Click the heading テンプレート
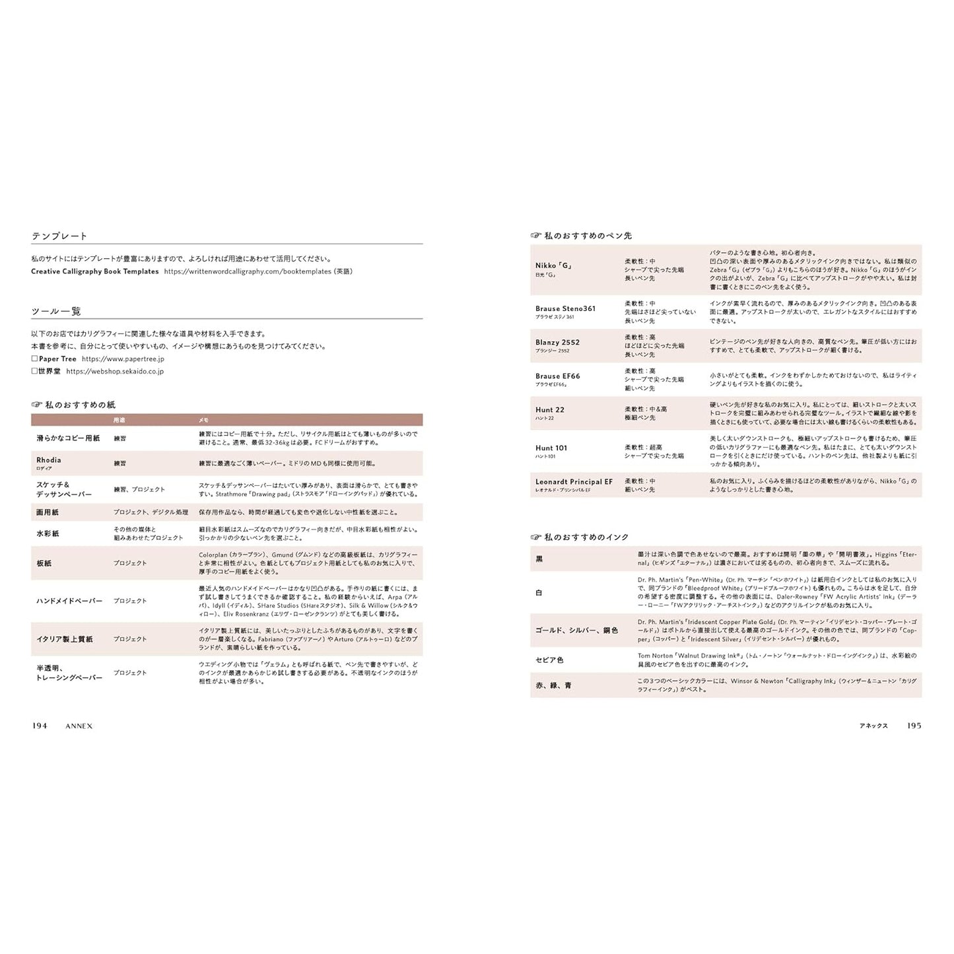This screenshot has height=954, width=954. pos(59,236)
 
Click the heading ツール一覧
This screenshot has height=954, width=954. pos(56,311)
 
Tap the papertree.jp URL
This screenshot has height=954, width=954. pos(123,359)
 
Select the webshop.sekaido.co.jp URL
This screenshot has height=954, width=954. pos(115,372)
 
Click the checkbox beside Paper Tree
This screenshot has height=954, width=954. pos(34,359)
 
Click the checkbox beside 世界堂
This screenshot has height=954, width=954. pos(34,372)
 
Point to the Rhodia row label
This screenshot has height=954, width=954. pos(49,460)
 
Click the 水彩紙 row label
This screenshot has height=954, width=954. pos(48,533)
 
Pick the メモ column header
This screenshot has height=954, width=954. pos(204,420)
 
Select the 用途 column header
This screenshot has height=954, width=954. pos(119,420)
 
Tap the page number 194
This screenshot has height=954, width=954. pos(40,726)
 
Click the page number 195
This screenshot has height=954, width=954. pos(914,726)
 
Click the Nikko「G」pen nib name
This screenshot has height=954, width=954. pos(553,266)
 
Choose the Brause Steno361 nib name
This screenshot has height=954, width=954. pos(565,308)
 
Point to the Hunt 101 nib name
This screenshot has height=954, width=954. pos(551,448)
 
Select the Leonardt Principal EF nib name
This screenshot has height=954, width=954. pos(574,482)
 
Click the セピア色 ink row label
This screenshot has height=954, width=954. pos(549,660)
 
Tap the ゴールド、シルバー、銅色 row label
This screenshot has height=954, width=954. pos(576,630)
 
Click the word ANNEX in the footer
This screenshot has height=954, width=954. pos(79,726)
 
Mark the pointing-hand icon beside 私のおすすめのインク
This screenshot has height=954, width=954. pos(536,537)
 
